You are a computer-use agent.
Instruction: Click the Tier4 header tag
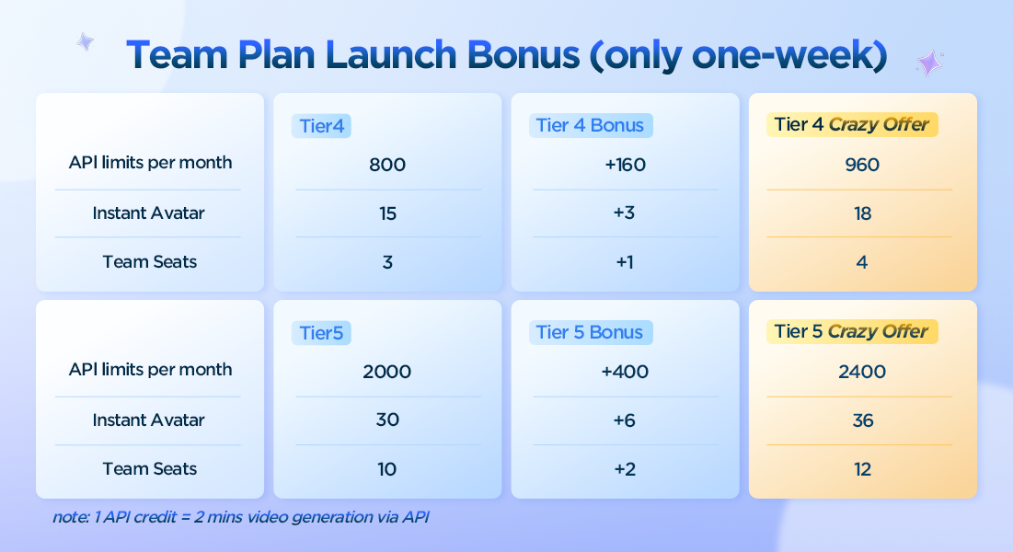pos(321,125)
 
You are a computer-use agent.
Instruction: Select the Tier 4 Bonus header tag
pos(591,125)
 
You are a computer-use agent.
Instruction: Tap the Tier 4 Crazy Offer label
pos(851,124)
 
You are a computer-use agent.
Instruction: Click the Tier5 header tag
pos(321,333)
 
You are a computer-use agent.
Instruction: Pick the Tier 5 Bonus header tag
pos(591,332)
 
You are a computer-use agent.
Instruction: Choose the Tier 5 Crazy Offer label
pos(851,331)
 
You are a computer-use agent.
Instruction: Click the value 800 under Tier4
pos(387,165)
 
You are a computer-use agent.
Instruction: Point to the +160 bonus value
pos(625,165)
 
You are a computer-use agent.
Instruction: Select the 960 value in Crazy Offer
pos(862,165)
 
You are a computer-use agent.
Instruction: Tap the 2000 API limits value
pos(387,372)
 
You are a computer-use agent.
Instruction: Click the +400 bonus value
pos(625,372)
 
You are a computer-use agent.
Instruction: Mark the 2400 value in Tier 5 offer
pos(862,372)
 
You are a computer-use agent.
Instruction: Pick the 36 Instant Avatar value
pos(862,420)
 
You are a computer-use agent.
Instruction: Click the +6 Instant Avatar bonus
pos(625,420)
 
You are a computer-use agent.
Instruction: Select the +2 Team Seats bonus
pos(625,469)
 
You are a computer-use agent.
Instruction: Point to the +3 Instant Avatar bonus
pos(625,213)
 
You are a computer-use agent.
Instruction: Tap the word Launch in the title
pos(391,55)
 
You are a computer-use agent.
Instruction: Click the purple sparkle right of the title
pos(929,63)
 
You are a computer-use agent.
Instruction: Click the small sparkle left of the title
pos(85,42)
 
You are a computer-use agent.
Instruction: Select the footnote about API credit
pos(241,517)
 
